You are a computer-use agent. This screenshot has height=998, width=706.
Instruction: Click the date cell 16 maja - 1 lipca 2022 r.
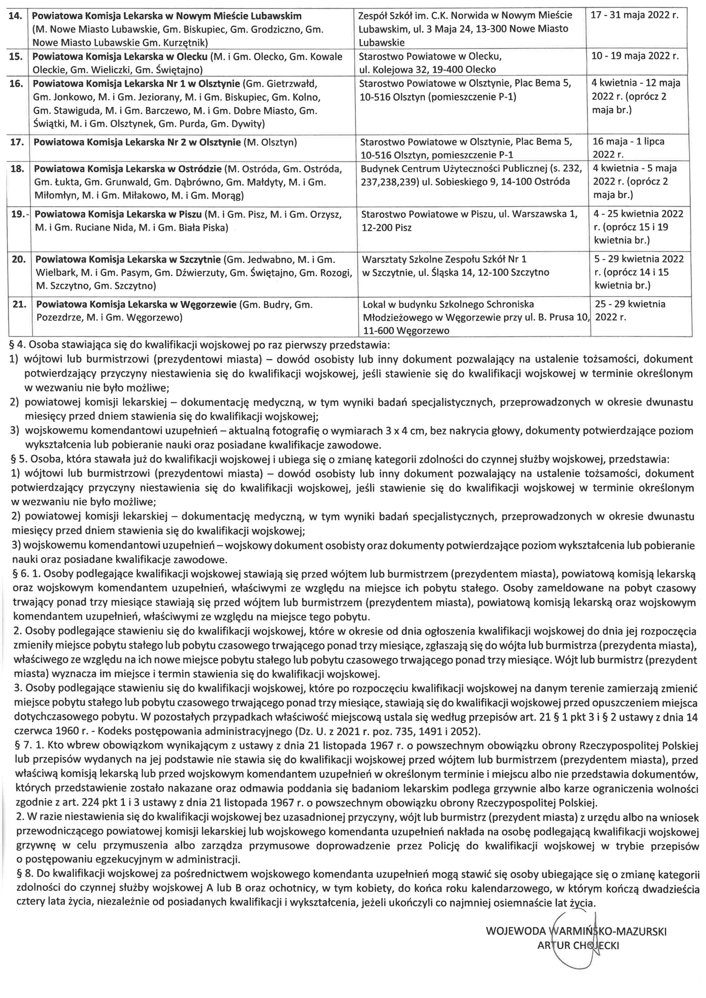click(x=629, y=148)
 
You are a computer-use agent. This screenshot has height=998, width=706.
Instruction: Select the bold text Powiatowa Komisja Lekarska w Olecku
click(x=120, y=56)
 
